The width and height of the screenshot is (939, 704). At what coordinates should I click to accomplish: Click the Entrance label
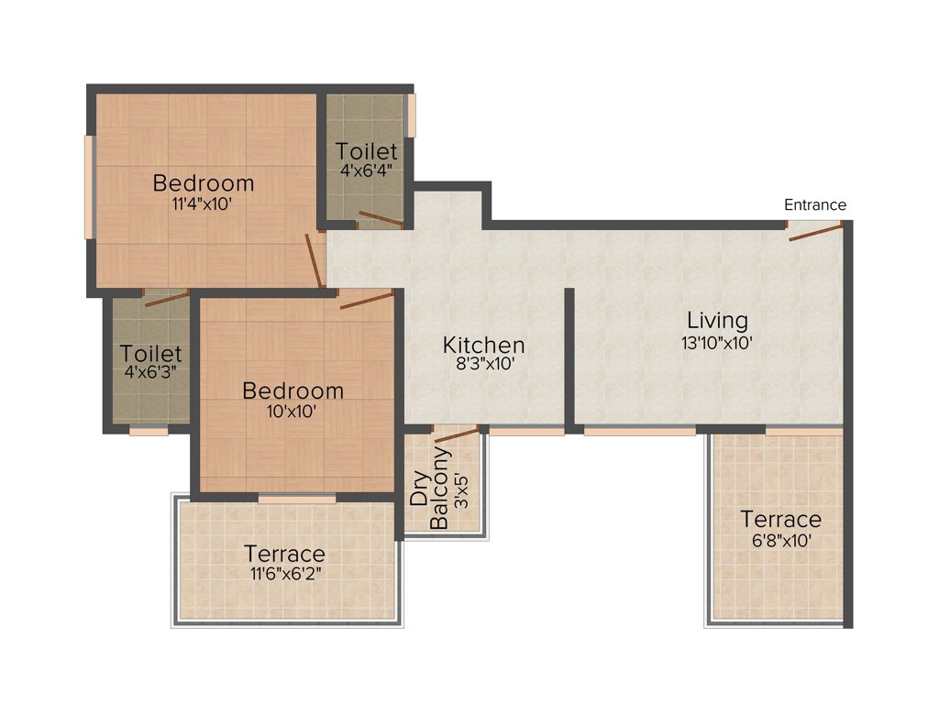pyautogui.click(x=814, y=204)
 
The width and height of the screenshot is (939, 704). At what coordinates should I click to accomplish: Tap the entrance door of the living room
pyautogui.click(x=816, y=231)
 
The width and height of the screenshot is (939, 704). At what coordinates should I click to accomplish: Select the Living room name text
pyautogui.click(x=718, y=321)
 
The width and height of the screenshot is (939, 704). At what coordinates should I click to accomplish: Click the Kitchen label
pyautogui.click(x=483, y=345)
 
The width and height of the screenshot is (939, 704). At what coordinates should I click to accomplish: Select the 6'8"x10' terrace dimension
pyautogui.click(x=781, y=541)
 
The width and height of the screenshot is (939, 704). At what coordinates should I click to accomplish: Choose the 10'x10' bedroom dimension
pyautogui.click(x=293, y=412)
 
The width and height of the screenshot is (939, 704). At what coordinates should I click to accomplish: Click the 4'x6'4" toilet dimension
pyautogui.click(x=366, y=170)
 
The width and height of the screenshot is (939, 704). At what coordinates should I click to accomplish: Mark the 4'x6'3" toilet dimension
pyautogui.click(x=151, y=373)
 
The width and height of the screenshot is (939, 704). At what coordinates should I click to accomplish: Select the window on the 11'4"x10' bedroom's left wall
pyautogui.click(x=89, y=187)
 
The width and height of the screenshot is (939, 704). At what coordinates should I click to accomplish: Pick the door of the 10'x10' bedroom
pyautogui.click(x=366, y=299)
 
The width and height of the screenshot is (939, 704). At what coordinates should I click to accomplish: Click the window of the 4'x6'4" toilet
pyautogui.click(x=412, y=115)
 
